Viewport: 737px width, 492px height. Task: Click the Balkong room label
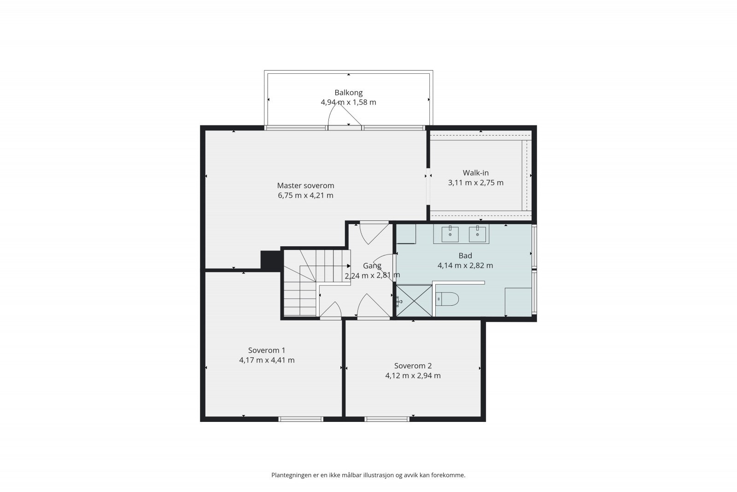(348, 93)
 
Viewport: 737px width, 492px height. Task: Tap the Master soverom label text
(306, 185)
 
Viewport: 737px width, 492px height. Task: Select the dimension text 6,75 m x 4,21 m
(306, 196)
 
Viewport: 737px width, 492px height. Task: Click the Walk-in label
(476, 172)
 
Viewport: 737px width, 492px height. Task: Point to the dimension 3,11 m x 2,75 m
(476, 183)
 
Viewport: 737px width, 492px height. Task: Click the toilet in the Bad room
(447, 299)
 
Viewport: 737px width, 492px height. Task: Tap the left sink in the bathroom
(450, 234)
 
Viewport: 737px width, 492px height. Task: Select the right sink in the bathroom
(477, 234)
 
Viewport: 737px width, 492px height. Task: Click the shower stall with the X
(414, 301)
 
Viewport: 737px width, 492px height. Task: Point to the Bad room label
(465, 255)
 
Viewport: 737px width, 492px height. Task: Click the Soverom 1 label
(267, 350)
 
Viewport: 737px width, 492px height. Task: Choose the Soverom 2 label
(413, 366)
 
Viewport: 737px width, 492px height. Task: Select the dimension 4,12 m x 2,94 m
(413, 376)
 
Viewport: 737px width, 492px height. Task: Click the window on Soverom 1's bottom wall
(301, 419)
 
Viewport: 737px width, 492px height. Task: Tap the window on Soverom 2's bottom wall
(386, 419)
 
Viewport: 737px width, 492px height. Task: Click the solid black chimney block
(271, 261)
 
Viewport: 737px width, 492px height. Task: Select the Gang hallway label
(372, 266)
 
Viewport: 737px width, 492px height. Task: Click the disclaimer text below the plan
(368, 475)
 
